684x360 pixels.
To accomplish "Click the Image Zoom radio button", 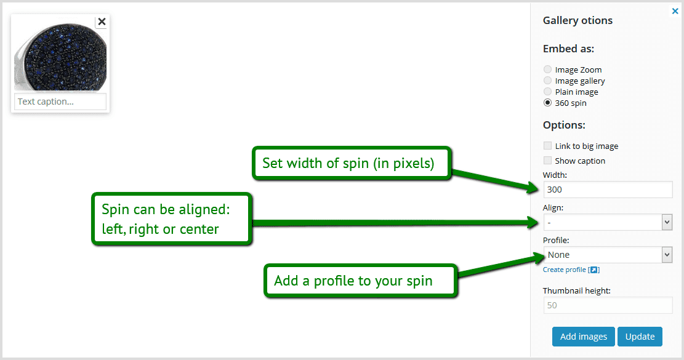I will click(547, 70).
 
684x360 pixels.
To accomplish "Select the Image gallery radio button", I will click(547, 81).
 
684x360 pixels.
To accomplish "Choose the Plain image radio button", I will click(547, 92).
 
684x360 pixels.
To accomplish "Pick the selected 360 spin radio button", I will click(547, 103).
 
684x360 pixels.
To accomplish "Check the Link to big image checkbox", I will click(547, 146).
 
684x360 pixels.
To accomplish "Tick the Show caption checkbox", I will click(547, 161).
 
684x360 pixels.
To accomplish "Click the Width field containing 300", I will click(607, 190).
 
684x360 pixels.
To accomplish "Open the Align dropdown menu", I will click(607, 222).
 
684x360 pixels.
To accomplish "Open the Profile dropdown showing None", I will click(607, 255).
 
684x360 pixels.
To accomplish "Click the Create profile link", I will click(565, 270).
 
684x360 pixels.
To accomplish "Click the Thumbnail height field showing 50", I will click(607, 305).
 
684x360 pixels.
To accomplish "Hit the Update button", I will click(640, 337).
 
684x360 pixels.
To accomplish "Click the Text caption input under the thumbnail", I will click(60, 102).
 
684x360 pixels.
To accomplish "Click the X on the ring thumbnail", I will click(102, 22).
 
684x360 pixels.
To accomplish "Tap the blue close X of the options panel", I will click(675, 10).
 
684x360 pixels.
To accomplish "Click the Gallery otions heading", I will click(577, 20).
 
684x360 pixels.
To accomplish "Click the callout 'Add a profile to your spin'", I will click(361, 281).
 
